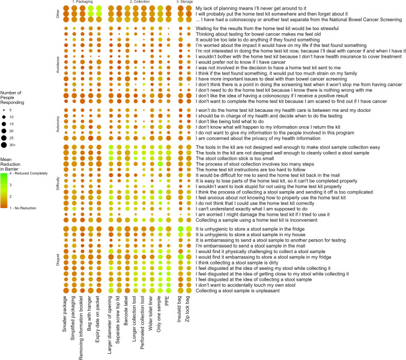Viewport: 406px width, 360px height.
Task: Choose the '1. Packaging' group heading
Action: click(x=79, y=2)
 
